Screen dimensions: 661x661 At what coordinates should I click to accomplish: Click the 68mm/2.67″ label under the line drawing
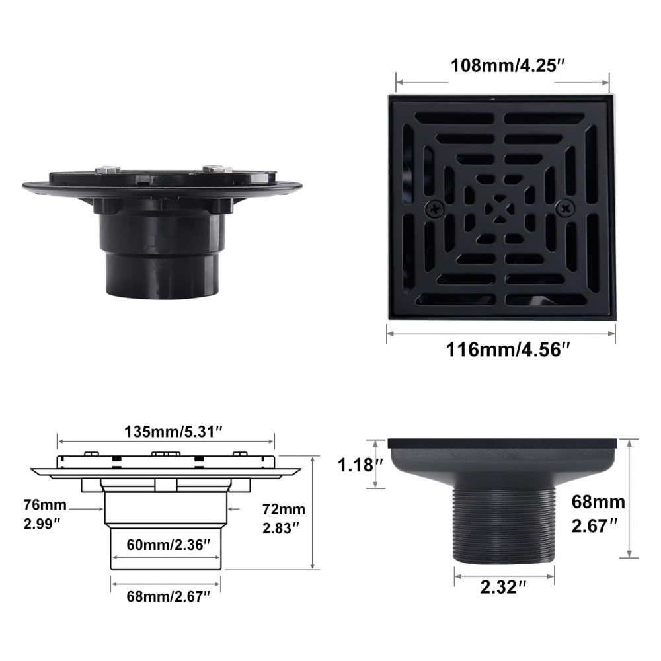click(169, 597)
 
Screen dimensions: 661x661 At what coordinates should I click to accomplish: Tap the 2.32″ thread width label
click(504, 587)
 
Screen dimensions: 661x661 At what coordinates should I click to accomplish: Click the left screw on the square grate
click(435, 209)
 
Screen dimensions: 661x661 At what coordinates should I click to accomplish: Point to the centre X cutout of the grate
click(500, 209)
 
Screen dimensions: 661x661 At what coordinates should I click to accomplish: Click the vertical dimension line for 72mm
click(312, 512)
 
